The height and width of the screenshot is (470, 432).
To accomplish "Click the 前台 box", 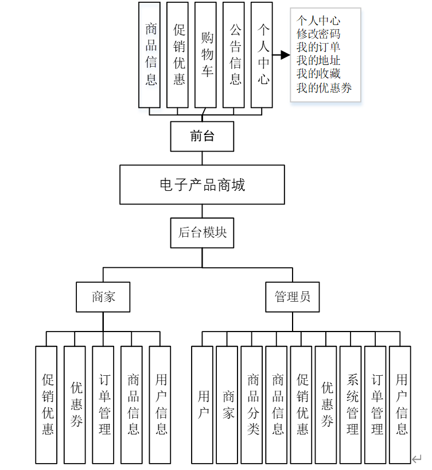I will pyautogui.click(x=202, y=136).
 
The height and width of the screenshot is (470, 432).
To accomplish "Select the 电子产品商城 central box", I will pyautogui.click(x=202, y=185).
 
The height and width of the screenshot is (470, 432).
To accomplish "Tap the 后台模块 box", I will pyautogui.click(x=202, y=233).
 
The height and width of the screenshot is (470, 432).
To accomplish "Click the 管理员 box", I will pyautogui.click(x=292, y=297).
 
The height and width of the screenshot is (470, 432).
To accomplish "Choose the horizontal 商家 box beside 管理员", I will pyautogui.click(x=103, y=297).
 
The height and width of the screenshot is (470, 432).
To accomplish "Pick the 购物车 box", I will pyautogui.click(x=205, y=55).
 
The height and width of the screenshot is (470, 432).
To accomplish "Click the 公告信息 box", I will pyautogui.click(x=233, y=55).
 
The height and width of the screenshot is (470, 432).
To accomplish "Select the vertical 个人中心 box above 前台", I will pyautogui.click(x=262, y=55).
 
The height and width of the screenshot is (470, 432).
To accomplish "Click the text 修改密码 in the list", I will pyautogui.click(x=318, y=34).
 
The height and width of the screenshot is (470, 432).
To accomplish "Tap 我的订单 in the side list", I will pyautogui.click(x=318, y=47).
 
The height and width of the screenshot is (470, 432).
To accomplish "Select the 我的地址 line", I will pyautogui.click(x=318, y=60).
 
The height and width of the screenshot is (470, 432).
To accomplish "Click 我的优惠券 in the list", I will pyautogui.click(x=324, y=87).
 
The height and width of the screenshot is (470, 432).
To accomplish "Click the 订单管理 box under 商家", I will pyautogui.click(x=103, y=404).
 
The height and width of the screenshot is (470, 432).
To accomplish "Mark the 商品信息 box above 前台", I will pyautogui.click(x=150, y=55).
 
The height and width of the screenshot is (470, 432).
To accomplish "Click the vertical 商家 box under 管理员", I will pyautogui.click(x=227, y=404).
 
